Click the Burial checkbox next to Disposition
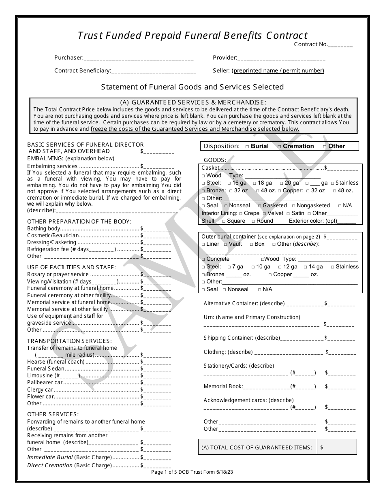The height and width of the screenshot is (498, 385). pos(247,147)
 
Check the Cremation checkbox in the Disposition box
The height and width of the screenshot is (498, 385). pos(279,147)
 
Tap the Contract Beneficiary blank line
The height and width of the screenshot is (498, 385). pos(154,72)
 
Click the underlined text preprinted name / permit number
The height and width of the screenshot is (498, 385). pos(279,70)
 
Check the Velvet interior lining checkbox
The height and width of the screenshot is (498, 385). pos(264,213)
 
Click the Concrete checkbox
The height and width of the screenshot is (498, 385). pos(203,260)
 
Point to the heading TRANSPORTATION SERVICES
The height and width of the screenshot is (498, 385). pos(69,341)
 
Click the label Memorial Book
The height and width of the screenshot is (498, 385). pos(223,387)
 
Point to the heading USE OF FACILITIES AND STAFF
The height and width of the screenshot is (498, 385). pos(71,267)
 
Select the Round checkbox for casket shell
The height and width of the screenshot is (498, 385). pos(253,221)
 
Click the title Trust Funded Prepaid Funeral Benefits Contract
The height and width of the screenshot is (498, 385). pos(192,36)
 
